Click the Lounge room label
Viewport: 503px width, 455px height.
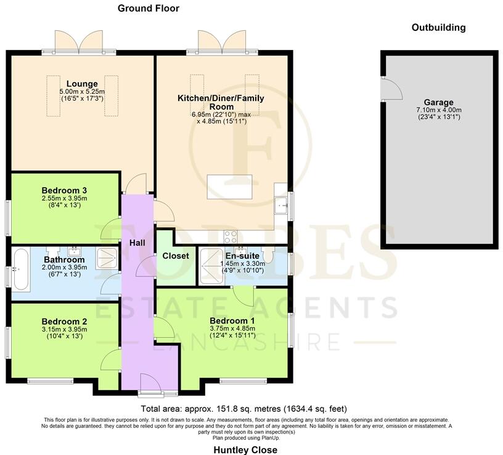pyautogui.click(x=83, y=84)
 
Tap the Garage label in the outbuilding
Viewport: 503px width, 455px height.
pyautogui.click(x=438, y=102)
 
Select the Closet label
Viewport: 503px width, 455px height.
pyautogui.click(x=176, y=256)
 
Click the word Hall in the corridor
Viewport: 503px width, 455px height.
pyautogui.click(x=137, y=243)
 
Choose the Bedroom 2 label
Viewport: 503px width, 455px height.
pyautogui.click(x=64, y=321)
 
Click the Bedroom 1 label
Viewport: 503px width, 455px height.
pyautogui.click(x=232, y=321)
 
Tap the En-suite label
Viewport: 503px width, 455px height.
pyautogui.click(x=241, y=255)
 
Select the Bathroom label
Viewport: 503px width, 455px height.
pyautogui.click(x=64, y=260)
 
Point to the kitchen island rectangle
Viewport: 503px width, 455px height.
pyautogui.click(x=230, y=186)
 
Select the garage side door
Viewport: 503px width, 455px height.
pyautogui.click(x=390, y=90)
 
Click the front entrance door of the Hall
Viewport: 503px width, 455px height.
pyautogui.click(x=149, y=383)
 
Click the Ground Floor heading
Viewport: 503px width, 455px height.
pyautogui.click(x=148, y=8)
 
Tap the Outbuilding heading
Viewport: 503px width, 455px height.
pyautogui.click(x=438, y=27)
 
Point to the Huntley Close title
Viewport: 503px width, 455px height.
pyautogui.click(x=245, y=449)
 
